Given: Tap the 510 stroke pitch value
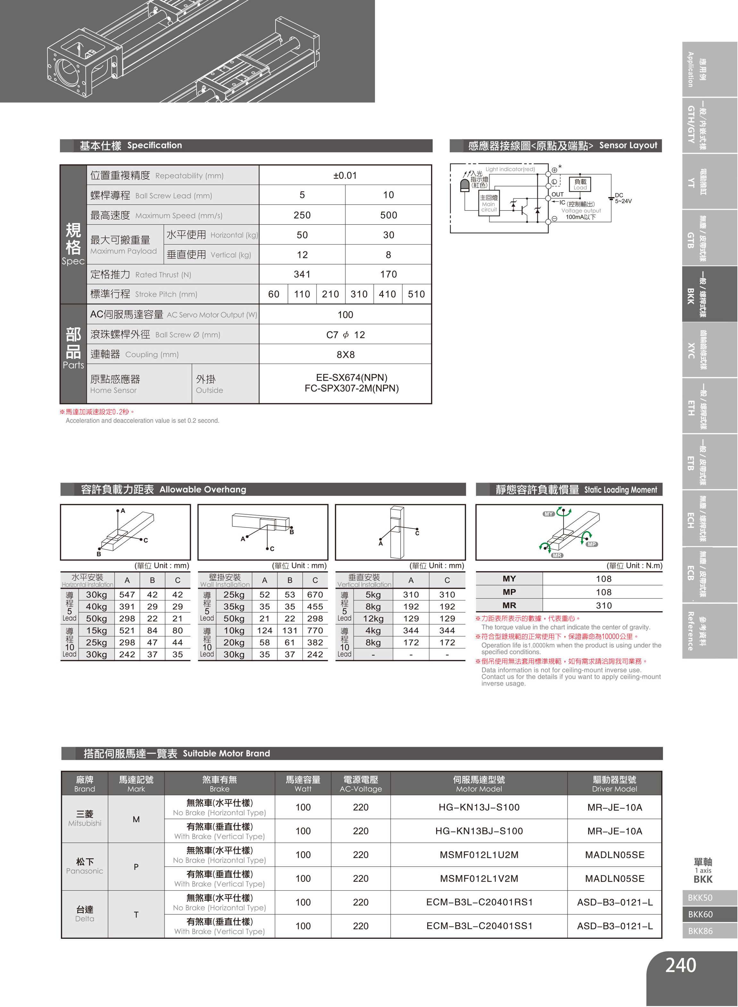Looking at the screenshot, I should (x=416, y=294).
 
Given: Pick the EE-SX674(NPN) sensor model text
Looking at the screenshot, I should (x=351, y=378).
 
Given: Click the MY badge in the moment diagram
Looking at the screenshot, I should (x=549, y=514).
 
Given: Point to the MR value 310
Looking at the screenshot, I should (x=603, y=605).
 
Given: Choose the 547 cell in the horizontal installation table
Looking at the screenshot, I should (x=127, y=595).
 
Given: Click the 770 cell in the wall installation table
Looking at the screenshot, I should (x=315, y=630).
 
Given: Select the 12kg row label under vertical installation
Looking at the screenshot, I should (x=373, y=619).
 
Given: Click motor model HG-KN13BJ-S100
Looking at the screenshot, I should (x=479, y=831).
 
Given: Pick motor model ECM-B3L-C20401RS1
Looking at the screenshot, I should (x=479, y=902).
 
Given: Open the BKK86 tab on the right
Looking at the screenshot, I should (x=700, y=931).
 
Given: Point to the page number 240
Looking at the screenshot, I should (x=680, y=965).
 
